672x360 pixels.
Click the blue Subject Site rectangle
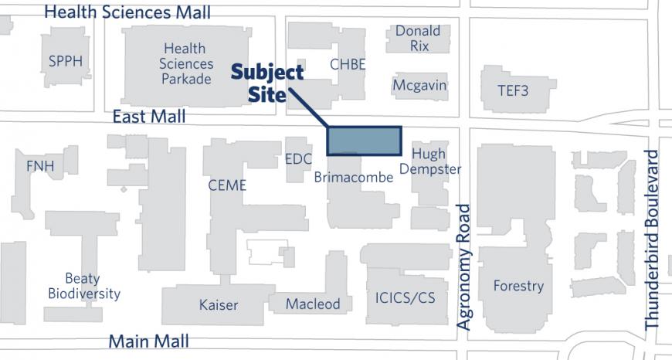[x=365, y=141]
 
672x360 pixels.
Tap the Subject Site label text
[x=268, y=83]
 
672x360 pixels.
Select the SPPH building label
[x=65, y=62]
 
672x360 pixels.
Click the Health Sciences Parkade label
[x=185, y=63]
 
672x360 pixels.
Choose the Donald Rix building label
[x=418, y=39]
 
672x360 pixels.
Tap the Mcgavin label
[x=419, y=85]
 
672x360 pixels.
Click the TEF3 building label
[x=513, y=90]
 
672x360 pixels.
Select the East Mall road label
[x=148, y=117]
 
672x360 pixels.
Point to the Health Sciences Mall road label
[x=127, y=12]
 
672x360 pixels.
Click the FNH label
[x=40, y=165]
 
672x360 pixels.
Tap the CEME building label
[x=227, y=185]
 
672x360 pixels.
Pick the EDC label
[x=298, y=160]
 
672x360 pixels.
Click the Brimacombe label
[x=353, y=178]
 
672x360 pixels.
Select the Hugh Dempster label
[x=430, y=161]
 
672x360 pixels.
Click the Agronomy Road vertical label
[x=463, y=267]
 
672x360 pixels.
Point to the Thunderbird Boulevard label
[x=653, y=240]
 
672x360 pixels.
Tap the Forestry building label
[x=518, y=286]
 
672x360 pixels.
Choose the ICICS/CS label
[x=405, y=297]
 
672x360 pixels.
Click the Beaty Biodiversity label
[x=83, y=286]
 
